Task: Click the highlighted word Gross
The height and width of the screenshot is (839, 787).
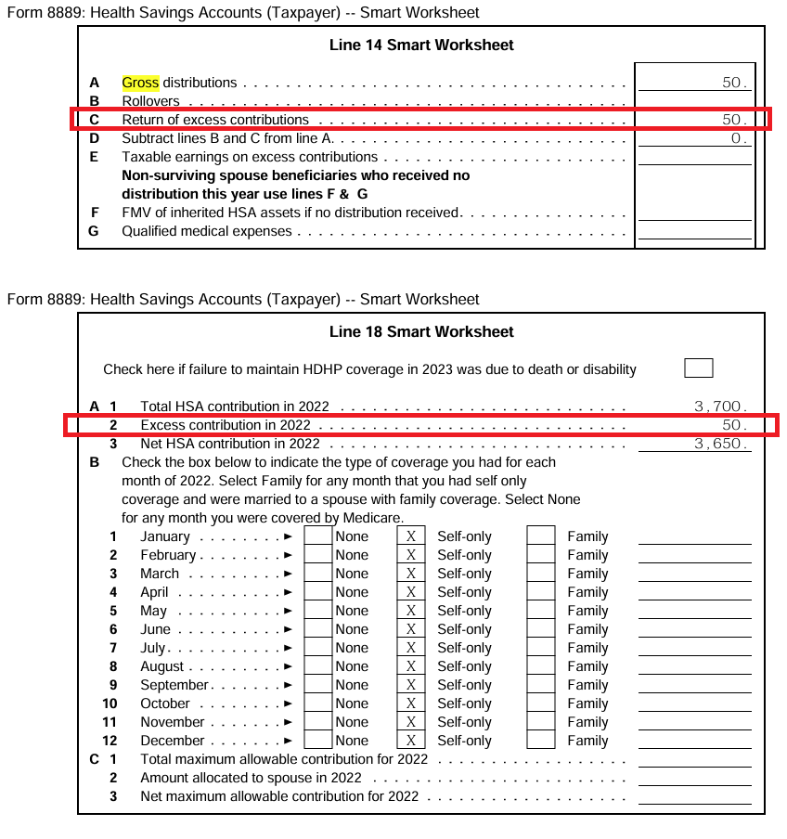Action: click(140, 83)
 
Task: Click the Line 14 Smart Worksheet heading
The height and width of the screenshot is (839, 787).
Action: click(421, 45)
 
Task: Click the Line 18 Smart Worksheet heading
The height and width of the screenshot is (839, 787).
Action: click(421, 331)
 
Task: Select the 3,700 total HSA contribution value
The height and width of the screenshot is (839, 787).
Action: click(720, 407)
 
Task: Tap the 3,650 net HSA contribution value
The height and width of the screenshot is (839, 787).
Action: click(720, 444)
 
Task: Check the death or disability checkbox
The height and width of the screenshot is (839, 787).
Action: click(698, 368)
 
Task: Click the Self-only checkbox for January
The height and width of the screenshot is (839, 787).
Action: click(410, 536)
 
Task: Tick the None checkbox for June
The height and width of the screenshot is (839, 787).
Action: click(318, 629)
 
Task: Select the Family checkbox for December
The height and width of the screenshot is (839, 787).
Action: click(540, 741)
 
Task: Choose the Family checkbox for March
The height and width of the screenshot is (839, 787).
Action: click(540, 574)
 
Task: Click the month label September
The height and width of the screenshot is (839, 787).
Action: click(174, 685)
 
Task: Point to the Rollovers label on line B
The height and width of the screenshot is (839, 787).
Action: click(151, 101)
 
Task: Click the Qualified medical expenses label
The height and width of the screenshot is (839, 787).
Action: click(207, 231)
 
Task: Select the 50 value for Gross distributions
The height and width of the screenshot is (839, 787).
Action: click(733, 83)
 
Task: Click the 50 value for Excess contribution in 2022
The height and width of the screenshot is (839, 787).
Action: click(733, 425)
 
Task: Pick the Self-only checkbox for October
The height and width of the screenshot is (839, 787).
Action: click(410, 703)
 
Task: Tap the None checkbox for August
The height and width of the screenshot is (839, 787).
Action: click(318, 666)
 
